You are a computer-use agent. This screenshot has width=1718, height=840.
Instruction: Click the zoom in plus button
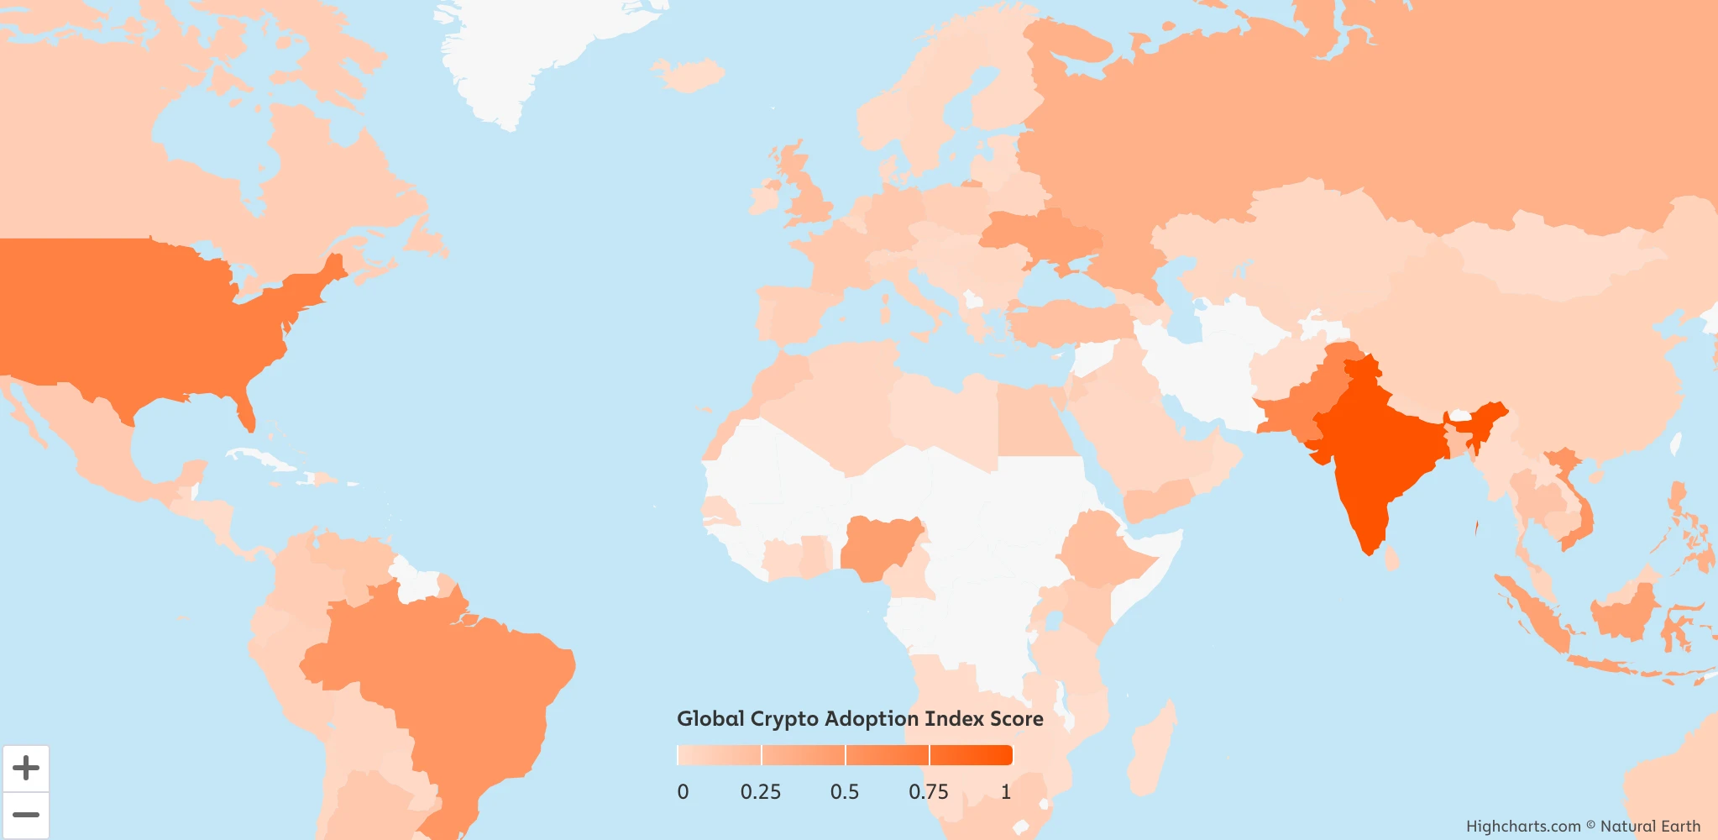point(26,768)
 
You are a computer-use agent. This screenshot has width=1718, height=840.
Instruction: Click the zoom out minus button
point(26,815)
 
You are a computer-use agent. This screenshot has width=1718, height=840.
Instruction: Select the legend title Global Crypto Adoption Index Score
point(860,719)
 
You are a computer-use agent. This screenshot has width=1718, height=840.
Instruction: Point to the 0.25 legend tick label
point(761,792)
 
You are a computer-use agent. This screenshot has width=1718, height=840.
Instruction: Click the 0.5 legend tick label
point(845,792)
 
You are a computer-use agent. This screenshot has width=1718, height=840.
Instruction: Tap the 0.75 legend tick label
point(929,792)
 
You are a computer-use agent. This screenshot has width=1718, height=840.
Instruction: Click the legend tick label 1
point(1006,792)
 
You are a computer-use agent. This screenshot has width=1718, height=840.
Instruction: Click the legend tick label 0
point(683,792)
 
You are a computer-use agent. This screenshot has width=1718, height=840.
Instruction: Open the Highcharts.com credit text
point(1523,827)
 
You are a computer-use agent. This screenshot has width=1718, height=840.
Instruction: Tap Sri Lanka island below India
point(1391,557)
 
